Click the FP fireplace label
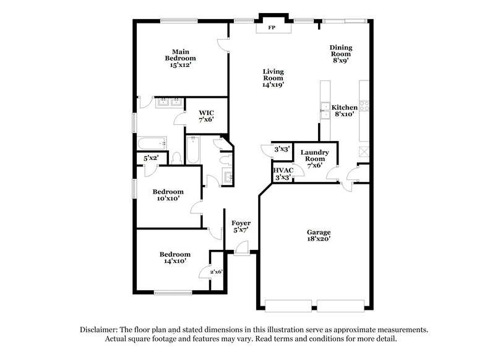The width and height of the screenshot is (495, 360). (x=271, y=28)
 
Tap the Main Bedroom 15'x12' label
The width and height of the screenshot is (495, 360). (x=180, y=58)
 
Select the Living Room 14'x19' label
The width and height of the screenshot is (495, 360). (x=273, y=78)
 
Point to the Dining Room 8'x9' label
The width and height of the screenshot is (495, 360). (x=341, y=54)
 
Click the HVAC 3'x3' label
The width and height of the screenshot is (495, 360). (x=283, y=173)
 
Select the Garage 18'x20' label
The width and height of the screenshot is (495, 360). (x=319, y=236)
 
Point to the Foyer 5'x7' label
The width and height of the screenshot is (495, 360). (x=241, y=226)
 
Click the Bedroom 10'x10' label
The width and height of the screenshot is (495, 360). (x=168, y=195)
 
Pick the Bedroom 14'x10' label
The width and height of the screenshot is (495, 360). (x=174, y=258)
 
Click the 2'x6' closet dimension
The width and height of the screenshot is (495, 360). (x=216, y=272)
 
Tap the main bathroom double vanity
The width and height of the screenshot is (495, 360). (x=168, y=103)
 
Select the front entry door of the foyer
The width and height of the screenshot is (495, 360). (x=241, y=251)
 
